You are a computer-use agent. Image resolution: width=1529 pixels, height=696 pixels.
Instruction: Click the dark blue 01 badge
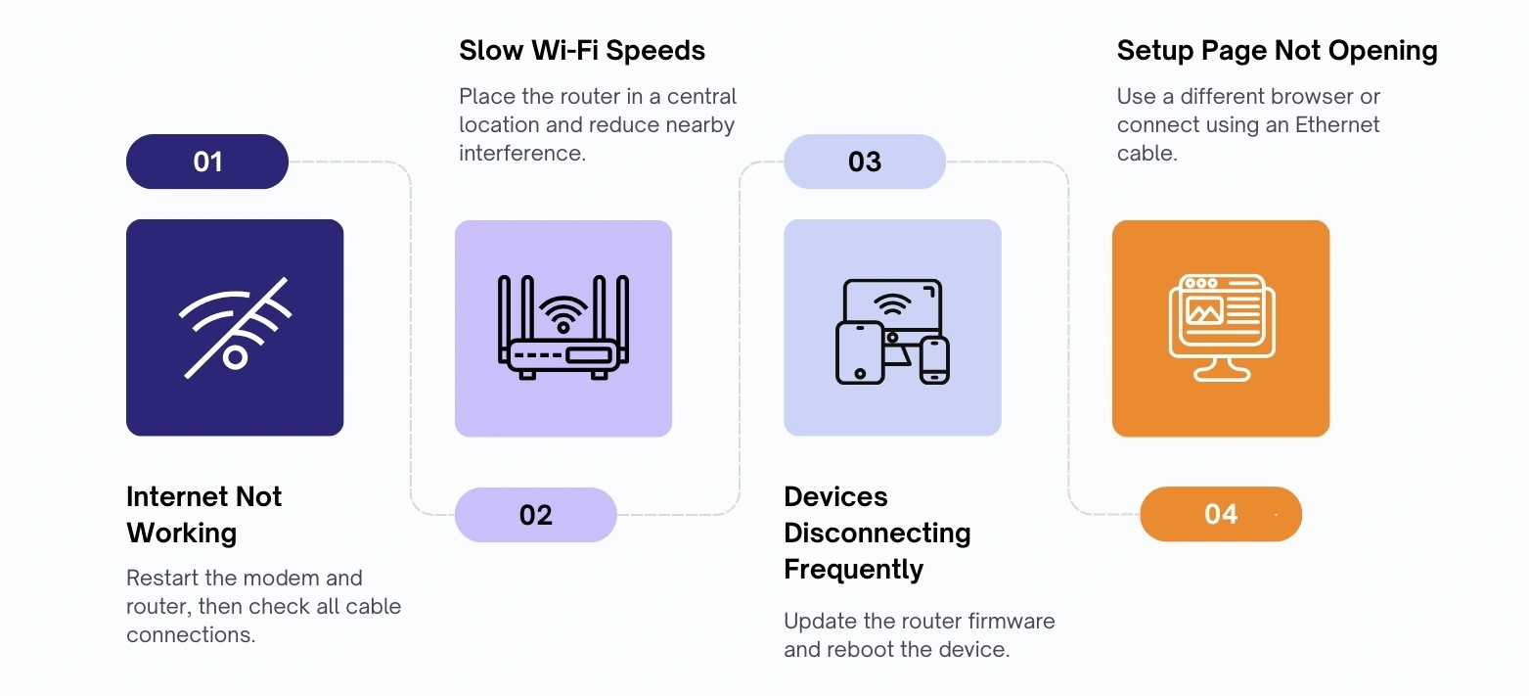[x=206, y=162]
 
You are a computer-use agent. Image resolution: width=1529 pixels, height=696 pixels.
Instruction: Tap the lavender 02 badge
[x=536, y=515]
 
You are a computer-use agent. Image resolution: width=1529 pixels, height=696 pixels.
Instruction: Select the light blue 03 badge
[x=865, y=162]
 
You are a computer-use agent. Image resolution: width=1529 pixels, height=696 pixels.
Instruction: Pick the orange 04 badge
[x=1221, y=514]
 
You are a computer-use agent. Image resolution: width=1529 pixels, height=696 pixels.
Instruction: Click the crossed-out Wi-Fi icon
[x=236, y=328]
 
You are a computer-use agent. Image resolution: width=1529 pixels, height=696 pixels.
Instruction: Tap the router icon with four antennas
[x=563, y=328]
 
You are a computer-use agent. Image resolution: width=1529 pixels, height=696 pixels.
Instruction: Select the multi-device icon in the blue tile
[x=893, y=331]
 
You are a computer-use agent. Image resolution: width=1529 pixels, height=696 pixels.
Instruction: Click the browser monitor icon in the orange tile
[x=1222, y=328]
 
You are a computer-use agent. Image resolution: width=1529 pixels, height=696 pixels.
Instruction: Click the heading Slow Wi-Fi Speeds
[x=581, y=51]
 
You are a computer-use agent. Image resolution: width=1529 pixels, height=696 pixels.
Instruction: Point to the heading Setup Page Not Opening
[x=1278, y=51]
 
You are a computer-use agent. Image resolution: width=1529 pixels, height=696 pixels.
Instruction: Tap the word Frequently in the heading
[x=853, y=569]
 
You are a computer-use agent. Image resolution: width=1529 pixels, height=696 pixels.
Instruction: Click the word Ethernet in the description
[x=1337, y=125]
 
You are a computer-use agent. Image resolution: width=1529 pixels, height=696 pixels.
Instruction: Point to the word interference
[x=522, y=153]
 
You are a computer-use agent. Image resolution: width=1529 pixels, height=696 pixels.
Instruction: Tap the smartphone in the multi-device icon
[x=934, y=360]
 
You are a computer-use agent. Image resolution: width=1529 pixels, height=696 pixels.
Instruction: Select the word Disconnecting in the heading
[x=877, y=533]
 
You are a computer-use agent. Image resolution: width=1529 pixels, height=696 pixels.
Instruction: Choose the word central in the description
[x=701, y=96]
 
